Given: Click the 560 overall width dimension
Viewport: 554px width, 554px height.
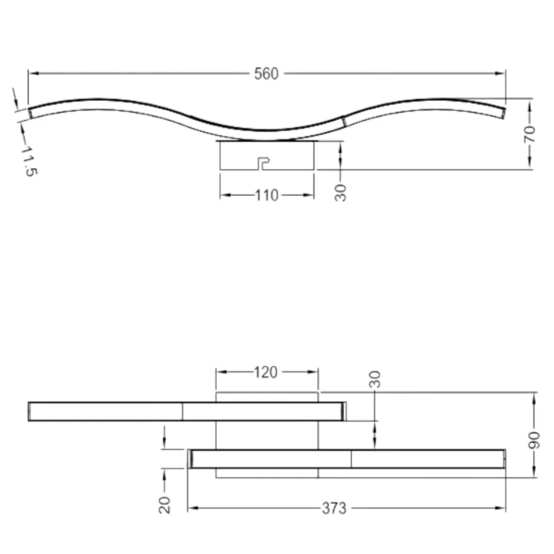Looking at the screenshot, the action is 266,74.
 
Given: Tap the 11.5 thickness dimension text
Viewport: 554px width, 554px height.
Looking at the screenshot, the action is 29,161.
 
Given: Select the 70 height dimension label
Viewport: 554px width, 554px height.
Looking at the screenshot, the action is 529,134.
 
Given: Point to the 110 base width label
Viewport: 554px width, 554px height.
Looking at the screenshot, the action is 267,196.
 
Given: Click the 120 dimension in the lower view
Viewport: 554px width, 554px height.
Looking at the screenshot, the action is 266,372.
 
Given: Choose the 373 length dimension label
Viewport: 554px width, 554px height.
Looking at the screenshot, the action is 334,509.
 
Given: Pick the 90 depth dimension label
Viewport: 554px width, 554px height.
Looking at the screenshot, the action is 534,440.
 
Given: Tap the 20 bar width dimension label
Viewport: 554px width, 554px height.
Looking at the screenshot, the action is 165,505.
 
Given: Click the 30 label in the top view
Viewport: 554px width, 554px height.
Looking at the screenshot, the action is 340,193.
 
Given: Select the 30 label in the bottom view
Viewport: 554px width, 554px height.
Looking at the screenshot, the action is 375,379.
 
